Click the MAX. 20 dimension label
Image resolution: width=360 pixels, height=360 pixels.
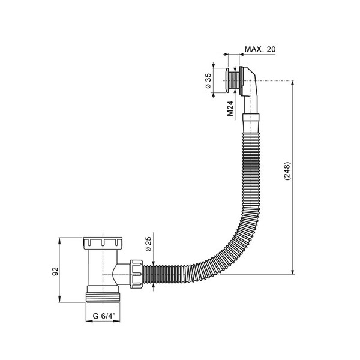click(260, 49)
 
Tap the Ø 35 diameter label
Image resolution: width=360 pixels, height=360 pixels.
click(208, 81)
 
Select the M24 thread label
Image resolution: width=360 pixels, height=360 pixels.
click(230, 109)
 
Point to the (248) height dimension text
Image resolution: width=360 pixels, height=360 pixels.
click(287, 171)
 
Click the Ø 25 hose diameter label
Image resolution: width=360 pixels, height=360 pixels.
click(149, 244)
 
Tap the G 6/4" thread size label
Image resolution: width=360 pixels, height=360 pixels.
click(104, 316)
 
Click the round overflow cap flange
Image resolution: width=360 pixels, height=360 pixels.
click(227, 80)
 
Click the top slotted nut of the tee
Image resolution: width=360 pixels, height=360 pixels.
click(103, 244)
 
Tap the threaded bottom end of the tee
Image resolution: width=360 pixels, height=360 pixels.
click(103, 298)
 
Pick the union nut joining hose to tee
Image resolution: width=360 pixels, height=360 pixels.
click(136, 274)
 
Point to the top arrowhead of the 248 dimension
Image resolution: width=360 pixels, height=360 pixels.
click(293, 83)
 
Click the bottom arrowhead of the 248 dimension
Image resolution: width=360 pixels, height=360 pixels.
click(293, 271)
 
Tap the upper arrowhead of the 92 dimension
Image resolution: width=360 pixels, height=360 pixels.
click(59, 241)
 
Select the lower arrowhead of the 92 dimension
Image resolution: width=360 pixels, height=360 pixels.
click(59, 299)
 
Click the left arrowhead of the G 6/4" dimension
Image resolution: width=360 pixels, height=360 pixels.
click(89, 321)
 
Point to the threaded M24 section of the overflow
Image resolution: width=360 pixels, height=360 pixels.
click(234, 80)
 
